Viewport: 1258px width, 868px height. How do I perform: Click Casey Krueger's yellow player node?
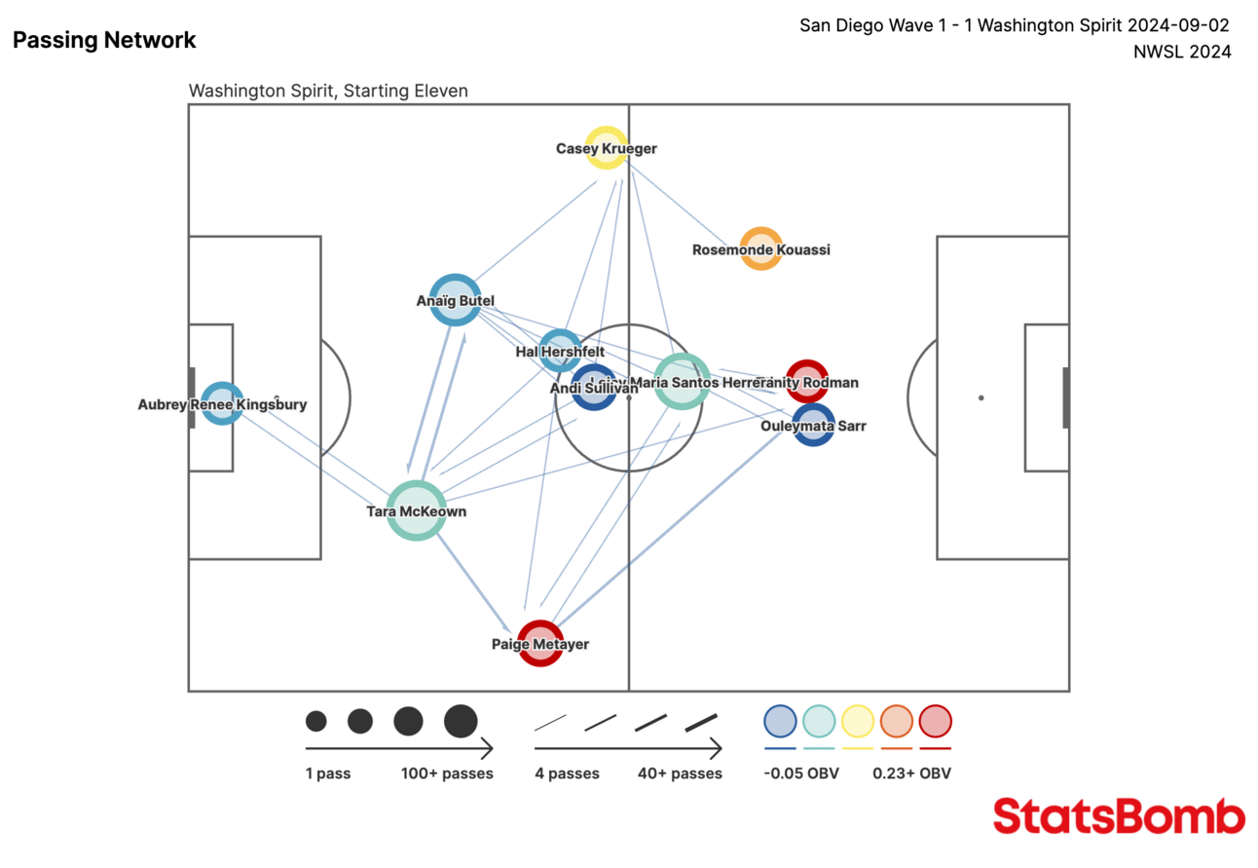(x=606, y=148)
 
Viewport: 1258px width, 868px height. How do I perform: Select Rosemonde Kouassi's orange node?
(x=760, y=248)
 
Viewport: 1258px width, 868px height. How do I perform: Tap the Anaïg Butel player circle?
(x=455, y=300)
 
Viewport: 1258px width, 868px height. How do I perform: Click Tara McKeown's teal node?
(x=416, y=510)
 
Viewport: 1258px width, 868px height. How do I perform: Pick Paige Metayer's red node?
(x=540, y=643)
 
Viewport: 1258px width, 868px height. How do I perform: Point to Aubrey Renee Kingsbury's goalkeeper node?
(x=222, y=404)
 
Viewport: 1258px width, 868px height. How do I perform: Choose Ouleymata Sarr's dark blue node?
(x=813, y=426)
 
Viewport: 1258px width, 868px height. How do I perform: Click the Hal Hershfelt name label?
(x=560, y=352)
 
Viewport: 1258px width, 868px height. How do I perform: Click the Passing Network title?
(x=104, y=40)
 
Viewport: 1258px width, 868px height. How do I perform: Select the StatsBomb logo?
(x=1119, y=816)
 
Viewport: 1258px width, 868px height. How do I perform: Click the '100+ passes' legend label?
(x=447, y=774)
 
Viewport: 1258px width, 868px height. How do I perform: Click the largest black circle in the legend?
(x=461, y=721)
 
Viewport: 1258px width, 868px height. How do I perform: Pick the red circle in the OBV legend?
(x=935, y=721)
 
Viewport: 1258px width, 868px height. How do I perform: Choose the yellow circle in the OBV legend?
(x=858, y=721)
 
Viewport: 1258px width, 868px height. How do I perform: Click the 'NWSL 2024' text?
(x=1182, y=52)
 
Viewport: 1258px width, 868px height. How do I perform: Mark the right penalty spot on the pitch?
(x=980, y=397)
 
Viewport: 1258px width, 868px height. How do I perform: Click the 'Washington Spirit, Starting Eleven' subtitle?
(x=328, y=91)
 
